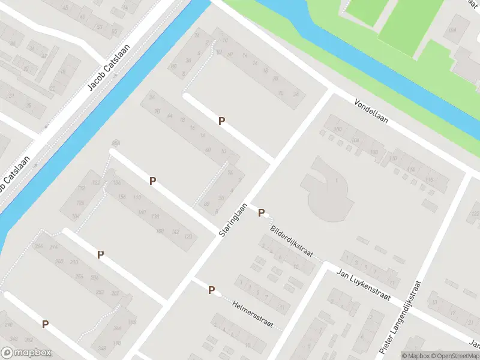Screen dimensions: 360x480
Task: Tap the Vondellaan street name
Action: (371, 111)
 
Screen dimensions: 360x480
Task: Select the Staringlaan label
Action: (233, 219)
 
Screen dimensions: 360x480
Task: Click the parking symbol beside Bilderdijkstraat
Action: (262, 212)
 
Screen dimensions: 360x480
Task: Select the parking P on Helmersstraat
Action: (211, 290)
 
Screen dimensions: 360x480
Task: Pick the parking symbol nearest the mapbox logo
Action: (45, 324)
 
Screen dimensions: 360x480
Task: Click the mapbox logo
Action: (26, 353)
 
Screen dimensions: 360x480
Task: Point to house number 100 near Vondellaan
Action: (337, 130)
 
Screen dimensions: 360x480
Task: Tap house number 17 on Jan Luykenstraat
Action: (391, 281)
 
